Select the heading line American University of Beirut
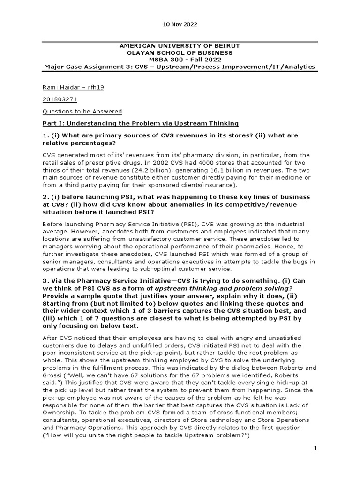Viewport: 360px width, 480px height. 180,45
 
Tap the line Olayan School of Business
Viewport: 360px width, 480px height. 180,52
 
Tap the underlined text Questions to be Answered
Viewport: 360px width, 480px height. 82,111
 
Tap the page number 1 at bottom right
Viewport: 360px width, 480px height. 315,449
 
